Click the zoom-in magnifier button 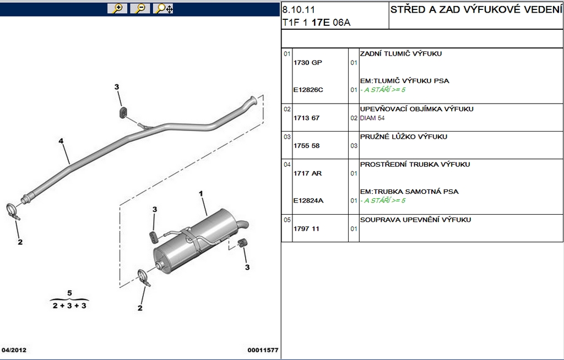coord(117,8)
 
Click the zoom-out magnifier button coord(140,8)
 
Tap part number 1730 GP coord(307,63)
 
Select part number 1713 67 coord(306,118)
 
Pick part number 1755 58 coord(306,146)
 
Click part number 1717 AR coord(307,173)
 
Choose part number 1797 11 coord(306,229)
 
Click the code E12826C coord(308,90)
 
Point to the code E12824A coord(308,201)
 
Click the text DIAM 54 coord(372,118)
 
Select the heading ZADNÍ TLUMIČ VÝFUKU coord(401,53)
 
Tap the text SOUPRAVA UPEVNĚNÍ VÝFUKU coord(415,220)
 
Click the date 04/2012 coord(14,350)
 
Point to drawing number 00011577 coord(263,350)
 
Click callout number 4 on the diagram coord(61,141)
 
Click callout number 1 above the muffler coord(201,194)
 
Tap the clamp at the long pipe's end coord(13,211)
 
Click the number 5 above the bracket coord(70,293)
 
